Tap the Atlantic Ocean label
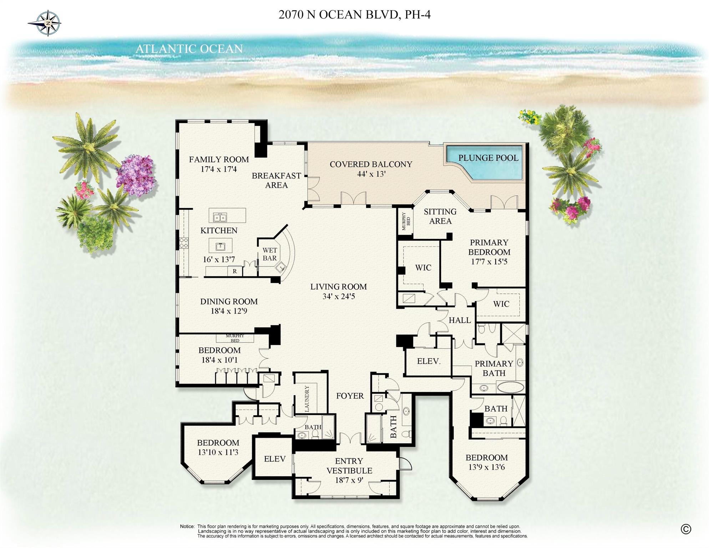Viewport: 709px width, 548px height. coord(189,49)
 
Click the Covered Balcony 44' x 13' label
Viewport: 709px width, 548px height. coord(371,169)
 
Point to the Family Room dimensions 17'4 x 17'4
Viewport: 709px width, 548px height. coord(218,169)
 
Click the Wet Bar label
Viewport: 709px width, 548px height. coord(269,254)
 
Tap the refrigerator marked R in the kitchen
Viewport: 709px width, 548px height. coord(235,271)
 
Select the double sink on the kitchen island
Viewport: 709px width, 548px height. coord(220,217)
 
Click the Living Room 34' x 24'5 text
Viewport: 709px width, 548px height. coord(338,291)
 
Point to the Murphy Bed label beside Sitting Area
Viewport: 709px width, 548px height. coord(406,221)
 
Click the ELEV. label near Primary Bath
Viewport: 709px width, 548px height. coord(429,361)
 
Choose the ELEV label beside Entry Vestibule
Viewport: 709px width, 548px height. coord(274,459)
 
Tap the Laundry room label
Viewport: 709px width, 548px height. coord(307,398)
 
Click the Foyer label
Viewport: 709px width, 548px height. coord(350,396)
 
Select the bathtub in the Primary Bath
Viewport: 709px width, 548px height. coord(510,387)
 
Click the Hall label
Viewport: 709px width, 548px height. coord(460,320)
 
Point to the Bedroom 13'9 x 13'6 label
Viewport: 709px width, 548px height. coord(486,462)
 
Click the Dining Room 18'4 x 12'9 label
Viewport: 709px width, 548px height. coord(229,306)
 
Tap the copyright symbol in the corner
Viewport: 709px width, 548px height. coord(685,529)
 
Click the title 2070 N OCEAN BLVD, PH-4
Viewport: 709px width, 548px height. coord(354,15)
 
